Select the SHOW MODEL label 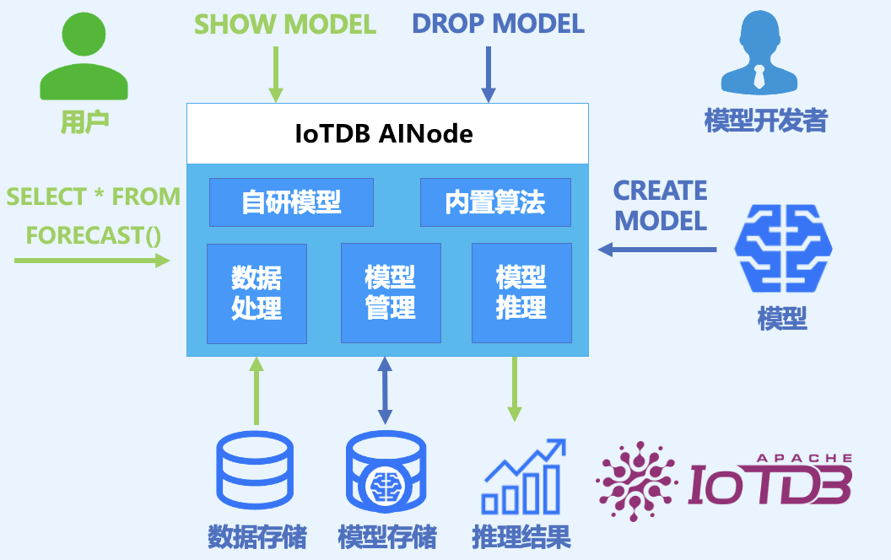(285, 24)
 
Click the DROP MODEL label (498, 24)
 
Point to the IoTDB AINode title (384, 133)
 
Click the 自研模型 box (291, 202)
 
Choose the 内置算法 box (495, 202)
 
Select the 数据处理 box (256, 293)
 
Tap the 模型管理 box (391, 293)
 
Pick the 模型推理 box (521, 293)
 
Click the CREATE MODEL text (660, 206)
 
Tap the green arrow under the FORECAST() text (93, 261)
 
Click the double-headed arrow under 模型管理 (386, 390)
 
